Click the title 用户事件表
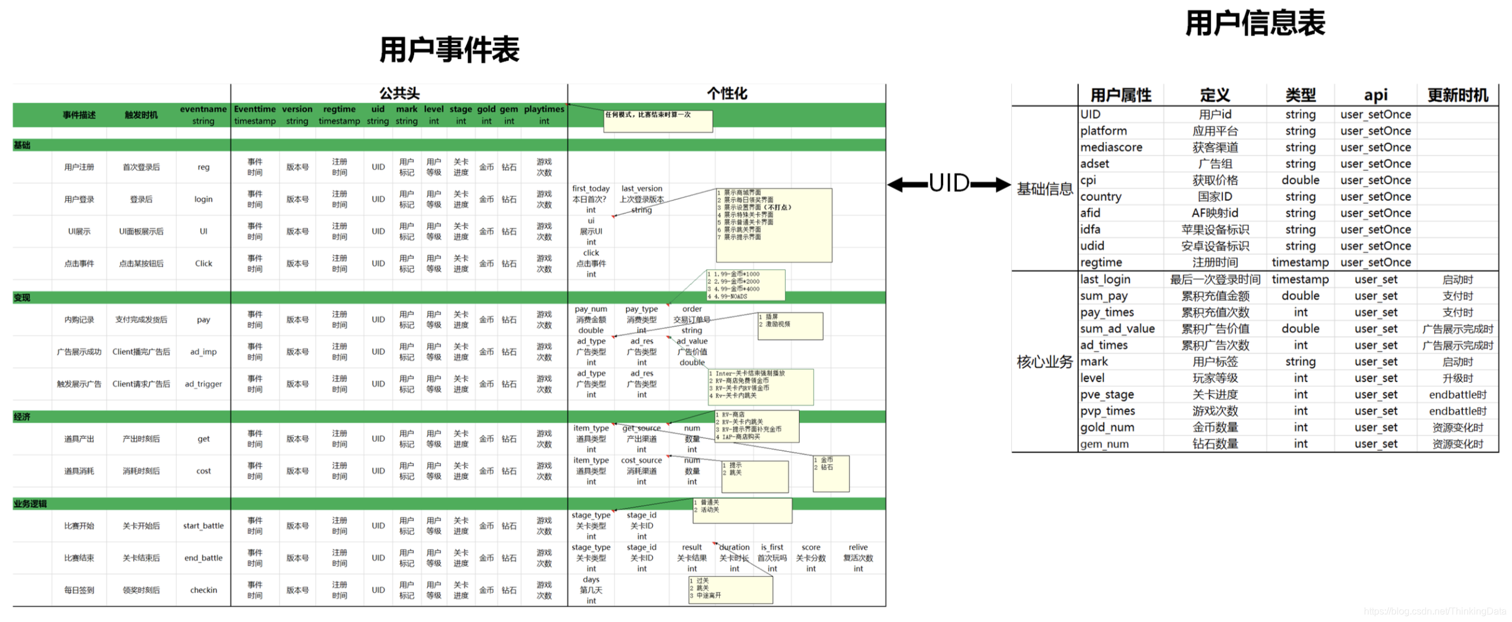tap(449, 49)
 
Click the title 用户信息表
tap(1254, 24)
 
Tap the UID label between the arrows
tap(949, 183)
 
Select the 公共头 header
tap(399, 93)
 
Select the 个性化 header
tap(726, 93)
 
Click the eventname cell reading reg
tap(203, 167)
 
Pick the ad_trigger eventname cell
tap(203, 384)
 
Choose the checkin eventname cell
tap(203, 590)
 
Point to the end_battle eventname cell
tap(203, 558)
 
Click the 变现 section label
tap(22, 297)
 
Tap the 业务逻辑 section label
tap(30, 504)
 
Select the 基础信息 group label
tap(1045, 189)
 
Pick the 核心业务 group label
tap(1045, 361)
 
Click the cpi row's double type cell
tap(1300, 180)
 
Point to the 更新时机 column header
tap(1457, 95)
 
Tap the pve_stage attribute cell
tap(1107, 395)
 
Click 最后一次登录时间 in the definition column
tap(1215, 280)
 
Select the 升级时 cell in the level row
tap(1457, 378)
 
